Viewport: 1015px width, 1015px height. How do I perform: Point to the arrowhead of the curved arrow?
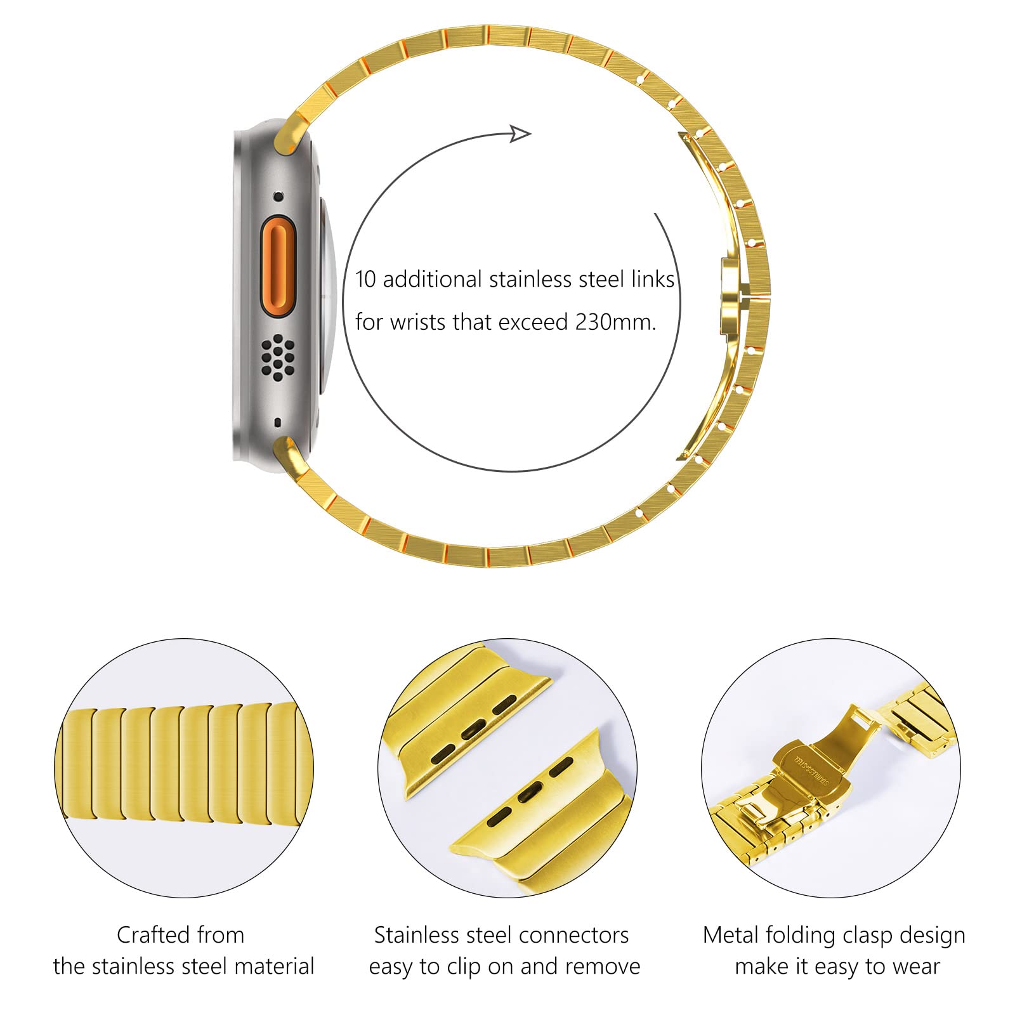pos(521,133)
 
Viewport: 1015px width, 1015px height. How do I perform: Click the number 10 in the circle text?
pos(366,279)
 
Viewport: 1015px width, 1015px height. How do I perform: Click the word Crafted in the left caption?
pos(154,934)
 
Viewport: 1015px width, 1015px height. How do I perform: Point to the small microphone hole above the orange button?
pos(278,197)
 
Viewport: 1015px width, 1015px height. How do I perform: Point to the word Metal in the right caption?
pos(731,935)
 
